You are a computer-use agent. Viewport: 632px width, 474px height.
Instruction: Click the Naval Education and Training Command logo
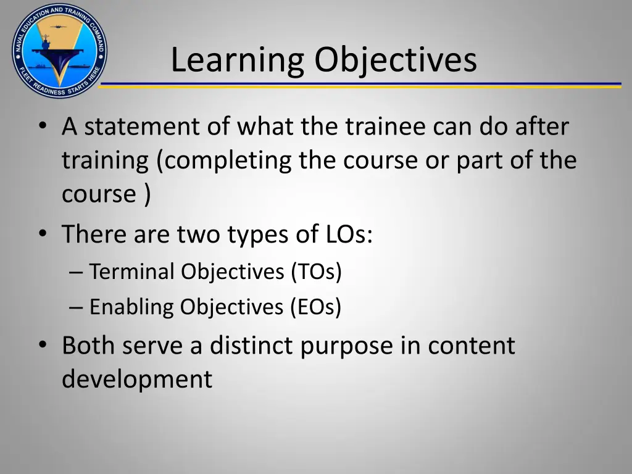click(x=59, y=50)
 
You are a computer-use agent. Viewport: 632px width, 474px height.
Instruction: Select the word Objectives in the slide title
click(x=395, y=60)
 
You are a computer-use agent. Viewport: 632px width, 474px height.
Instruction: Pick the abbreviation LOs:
click(x=349, y=235)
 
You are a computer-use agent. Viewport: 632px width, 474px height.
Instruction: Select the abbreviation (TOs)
click(x=317, y=271)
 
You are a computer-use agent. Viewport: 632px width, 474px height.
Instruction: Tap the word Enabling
click(x=131, y=307)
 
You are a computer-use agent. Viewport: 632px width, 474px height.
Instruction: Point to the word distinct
click(x=252, y=345)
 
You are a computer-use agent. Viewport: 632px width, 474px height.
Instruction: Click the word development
click(x=136, y=379)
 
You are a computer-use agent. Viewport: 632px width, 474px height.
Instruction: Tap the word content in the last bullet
click(x=472, y=345)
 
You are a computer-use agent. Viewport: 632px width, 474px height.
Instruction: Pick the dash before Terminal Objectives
click(x=77, y=272)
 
